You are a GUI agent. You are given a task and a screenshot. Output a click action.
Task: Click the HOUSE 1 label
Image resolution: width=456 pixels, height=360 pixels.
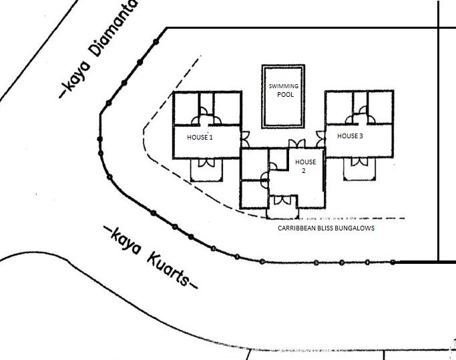pos(200,137)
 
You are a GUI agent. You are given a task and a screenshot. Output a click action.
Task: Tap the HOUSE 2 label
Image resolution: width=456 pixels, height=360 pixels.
pos(305,166)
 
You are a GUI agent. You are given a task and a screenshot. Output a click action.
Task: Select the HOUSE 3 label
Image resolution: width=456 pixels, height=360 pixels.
pos(350,136)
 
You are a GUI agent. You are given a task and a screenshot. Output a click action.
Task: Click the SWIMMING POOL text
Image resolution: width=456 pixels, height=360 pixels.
pos(284,90)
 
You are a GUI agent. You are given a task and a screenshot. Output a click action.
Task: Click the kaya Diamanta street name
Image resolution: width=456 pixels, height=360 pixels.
pos(97,49)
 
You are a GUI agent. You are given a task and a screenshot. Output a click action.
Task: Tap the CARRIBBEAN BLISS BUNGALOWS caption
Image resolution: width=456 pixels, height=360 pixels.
pos(326,228)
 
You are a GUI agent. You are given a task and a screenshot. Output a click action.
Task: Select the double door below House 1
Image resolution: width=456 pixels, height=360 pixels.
pos(206,163)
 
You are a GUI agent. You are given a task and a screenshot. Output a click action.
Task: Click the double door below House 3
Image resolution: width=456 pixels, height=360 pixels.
pos(359,162)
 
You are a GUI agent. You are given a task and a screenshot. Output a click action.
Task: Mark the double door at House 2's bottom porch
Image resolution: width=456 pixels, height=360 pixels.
pos(282,200)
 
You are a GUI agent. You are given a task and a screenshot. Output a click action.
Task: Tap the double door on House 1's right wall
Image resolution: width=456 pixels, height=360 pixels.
pos(246,140)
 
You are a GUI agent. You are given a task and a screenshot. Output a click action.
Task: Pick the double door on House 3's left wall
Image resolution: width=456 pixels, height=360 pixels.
pos(320,139)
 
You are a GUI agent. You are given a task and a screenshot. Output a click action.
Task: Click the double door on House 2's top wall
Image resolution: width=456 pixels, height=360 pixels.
pos(297,144)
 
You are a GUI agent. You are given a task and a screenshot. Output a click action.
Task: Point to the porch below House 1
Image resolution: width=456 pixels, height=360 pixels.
pos(206,170)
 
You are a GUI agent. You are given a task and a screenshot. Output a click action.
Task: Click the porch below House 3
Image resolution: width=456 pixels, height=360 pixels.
pos(359,169)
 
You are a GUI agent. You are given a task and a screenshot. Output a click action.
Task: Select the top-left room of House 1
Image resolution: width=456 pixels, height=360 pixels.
pos(186,109)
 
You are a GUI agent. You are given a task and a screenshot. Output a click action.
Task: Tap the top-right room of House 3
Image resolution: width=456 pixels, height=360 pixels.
pos(381,108)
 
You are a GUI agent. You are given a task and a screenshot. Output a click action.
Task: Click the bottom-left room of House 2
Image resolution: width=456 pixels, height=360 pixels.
pos(254,194)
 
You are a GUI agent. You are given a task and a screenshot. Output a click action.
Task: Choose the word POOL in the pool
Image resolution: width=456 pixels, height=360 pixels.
pos(285,95)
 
